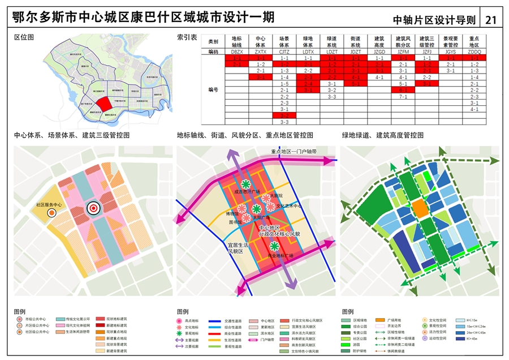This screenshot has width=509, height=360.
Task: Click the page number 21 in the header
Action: point(491,19)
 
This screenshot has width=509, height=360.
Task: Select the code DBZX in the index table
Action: point(237,52)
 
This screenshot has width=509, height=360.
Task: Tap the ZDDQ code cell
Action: point(474,52)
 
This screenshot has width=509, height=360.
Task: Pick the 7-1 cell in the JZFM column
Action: point(403,96)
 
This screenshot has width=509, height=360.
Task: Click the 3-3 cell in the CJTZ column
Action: point(284,122)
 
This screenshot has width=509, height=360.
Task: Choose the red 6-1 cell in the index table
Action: point(403,90)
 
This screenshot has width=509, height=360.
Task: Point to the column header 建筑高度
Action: point(379,41)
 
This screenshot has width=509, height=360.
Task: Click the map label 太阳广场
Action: point(261,217)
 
